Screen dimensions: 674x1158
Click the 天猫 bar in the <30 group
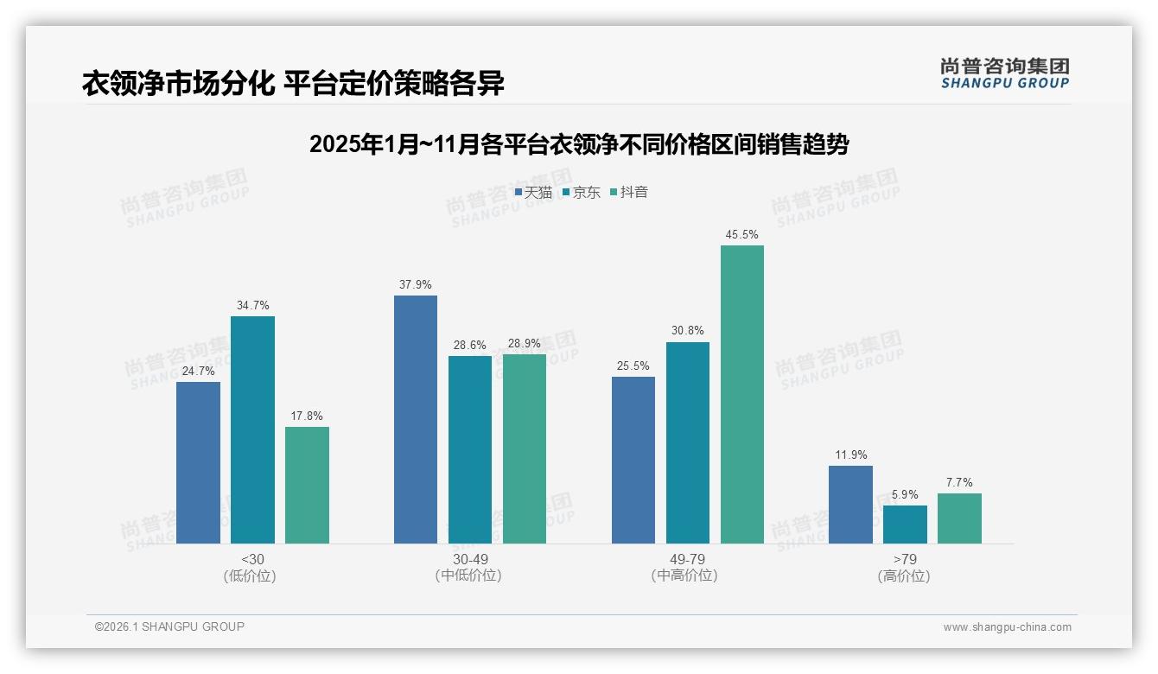pos(198,462)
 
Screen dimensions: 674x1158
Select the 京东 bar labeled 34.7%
pos(252,429)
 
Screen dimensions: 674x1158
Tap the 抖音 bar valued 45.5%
pos(741,394)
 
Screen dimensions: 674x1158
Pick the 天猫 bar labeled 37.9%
pos(416,419)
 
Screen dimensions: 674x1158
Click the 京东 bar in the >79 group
pos(905,525)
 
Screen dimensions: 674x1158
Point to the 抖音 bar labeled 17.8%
pos(307,485)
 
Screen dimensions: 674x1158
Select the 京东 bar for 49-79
pos(688,442)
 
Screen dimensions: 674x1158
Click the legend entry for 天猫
pos(533,192)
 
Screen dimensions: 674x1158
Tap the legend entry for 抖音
pos(629,192)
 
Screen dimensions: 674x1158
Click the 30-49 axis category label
pos(470,559)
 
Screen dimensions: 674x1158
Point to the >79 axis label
pos(905,559)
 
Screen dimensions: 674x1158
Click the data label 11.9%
pos(851,455)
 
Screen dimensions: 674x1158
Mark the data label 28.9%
pos(525,344)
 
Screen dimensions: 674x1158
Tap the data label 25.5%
pos(633,366)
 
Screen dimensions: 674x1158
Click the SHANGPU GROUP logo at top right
pos(1004,73)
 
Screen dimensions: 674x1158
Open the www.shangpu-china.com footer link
pos(1007,627)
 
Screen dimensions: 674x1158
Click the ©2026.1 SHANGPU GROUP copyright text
pos(169,626)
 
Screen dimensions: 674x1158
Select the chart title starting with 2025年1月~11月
pos(579,144)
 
